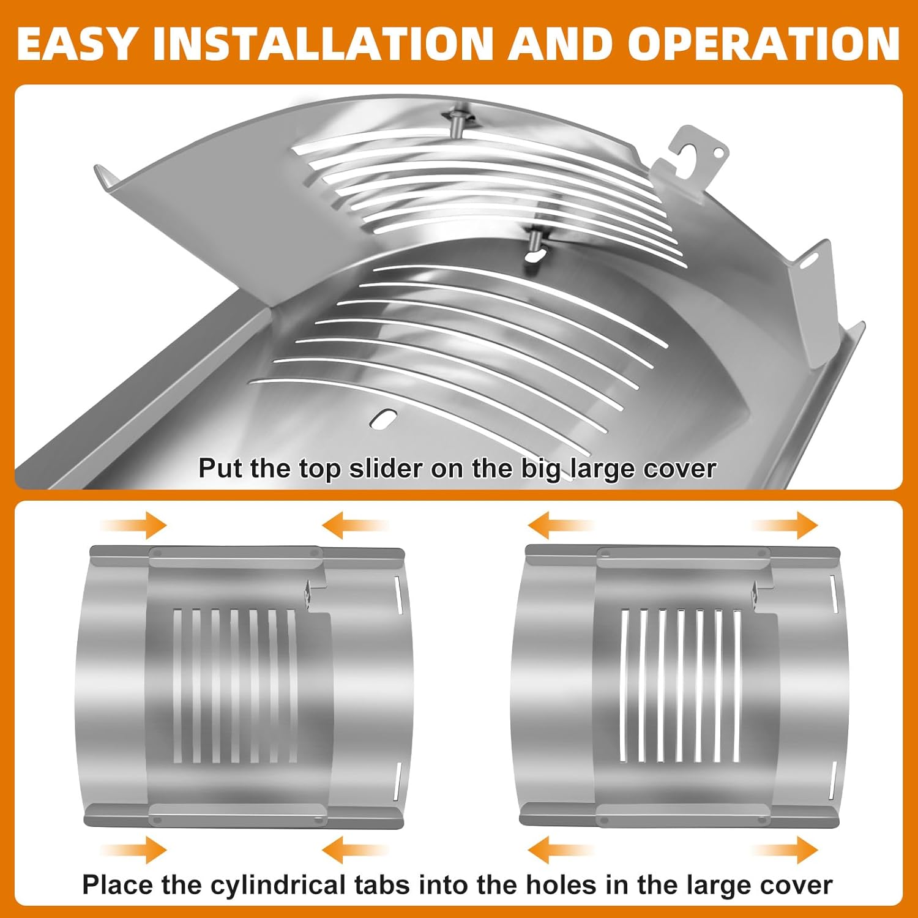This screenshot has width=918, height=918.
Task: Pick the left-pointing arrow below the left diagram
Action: pos(353,850)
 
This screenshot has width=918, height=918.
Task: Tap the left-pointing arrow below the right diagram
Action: pos(559,850)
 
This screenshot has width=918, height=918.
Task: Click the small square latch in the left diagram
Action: pos(308,593)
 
